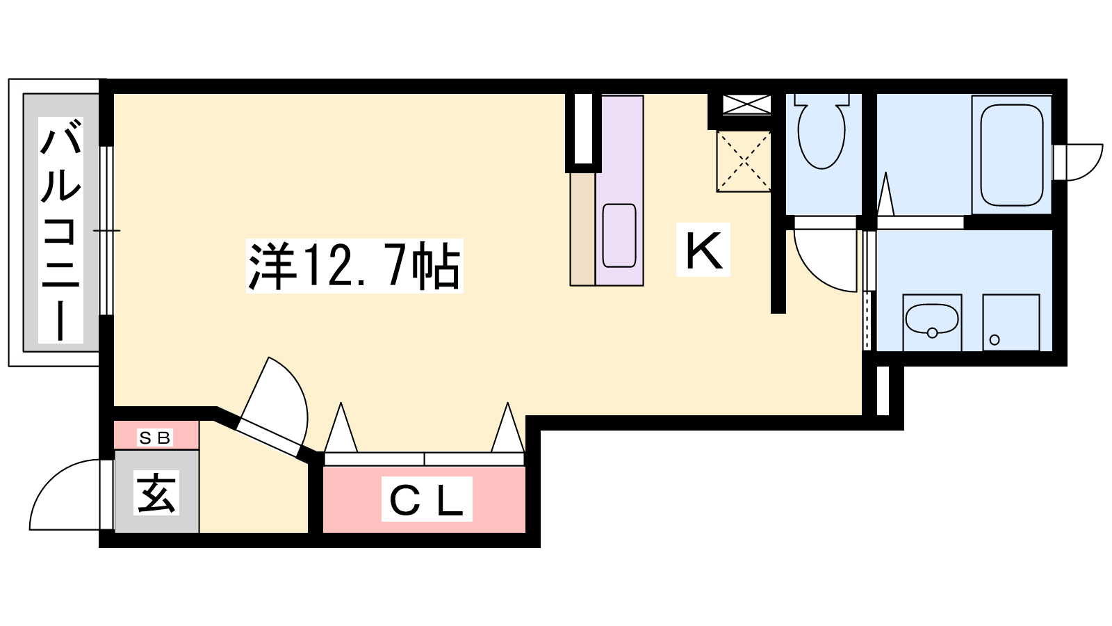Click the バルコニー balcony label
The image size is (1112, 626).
click(x=60, y=230)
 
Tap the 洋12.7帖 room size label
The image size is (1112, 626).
click(x=354, y=266)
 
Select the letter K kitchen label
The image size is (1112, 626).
click(x=703, y=250)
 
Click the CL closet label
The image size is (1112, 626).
click(x=427, y=499)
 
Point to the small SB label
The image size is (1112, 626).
click(x=155, y=438)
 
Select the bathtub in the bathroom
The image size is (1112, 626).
click(x=1012, y=155)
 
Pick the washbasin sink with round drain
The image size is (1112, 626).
click(x=932, y=322)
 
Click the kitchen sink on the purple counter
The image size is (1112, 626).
click(x=619, y=236)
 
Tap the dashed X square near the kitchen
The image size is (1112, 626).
click(x=743, y=161)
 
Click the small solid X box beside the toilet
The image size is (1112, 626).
click(x=746, y=104)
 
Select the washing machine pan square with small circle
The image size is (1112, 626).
click(x=1011, y=322)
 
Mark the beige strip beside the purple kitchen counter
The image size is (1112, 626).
click(x=582, y=229)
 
